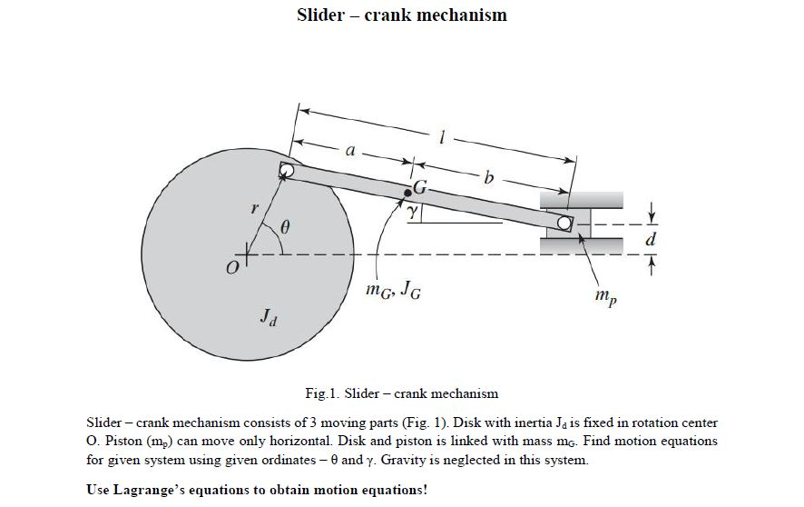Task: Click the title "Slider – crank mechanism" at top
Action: (402, 15)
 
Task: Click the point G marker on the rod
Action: (407, 192)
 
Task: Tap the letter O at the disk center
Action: (232, 268)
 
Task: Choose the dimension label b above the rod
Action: (489, 178)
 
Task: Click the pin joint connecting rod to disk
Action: (287, 170)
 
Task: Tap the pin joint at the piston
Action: (564, 222)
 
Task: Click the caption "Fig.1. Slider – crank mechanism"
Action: (402, 393)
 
